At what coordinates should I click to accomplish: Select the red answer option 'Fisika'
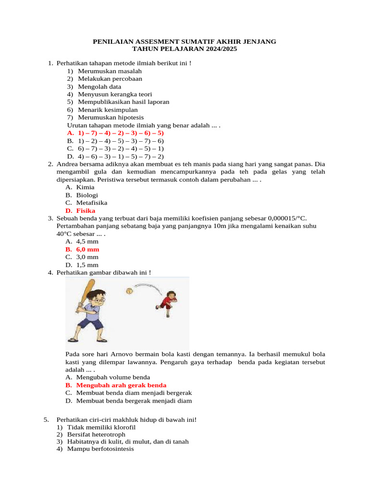86,210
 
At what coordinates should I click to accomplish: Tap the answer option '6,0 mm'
87,249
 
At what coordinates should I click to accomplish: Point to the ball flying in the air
129,291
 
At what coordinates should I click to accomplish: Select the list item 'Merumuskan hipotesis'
111,117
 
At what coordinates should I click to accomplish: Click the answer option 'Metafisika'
92,203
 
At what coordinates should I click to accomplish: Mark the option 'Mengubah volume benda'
113,377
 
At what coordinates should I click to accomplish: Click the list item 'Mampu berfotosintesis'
100,449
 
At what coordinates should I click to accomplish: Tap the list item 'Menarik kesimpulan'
107,110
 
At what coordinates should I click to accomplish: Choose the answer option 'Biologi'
87,195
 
